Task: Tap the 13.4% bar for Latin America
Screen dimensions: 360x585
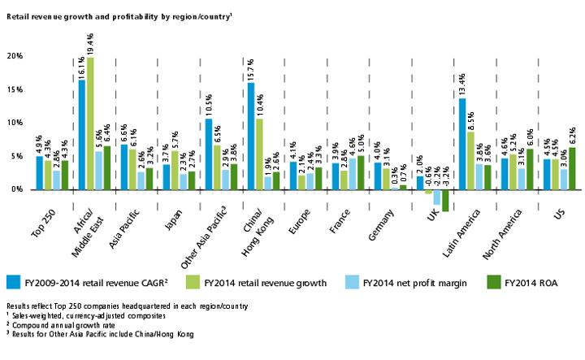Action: pos(462,144)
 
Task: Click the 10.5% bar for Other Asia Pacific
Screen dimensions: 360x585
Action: pos(209,154)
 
